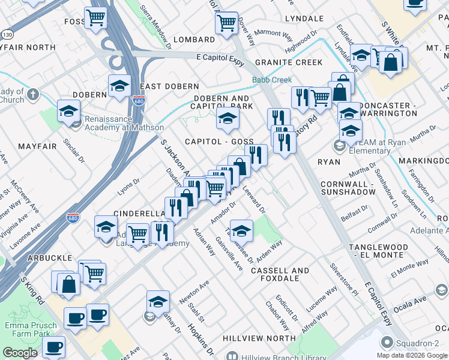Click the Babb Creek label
click(272, 80)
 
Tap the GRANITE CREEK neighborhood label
click(288, 62)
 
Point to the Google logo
click(20, 353)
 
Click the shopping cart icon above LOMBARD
click(226, 23)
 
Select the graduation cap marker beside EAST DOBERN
click(119, 86)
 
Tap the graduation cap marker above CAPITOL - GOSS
click(228, 119)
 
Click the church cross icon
click(32, 94)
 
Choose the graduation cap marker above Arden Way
click(241, 230)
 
